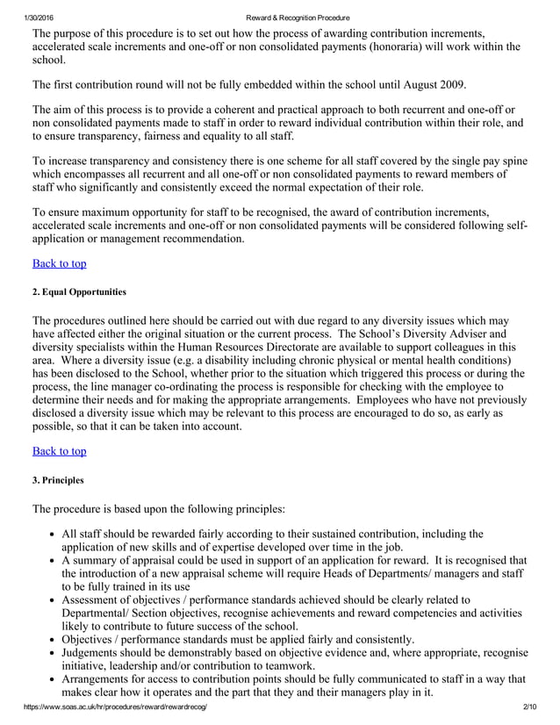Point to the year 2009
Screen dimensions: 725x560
[451, 84]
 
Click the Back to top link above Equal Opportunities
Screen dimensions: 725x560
[59, 262]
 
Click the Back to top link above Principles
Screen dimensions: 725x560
[59, 450]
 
